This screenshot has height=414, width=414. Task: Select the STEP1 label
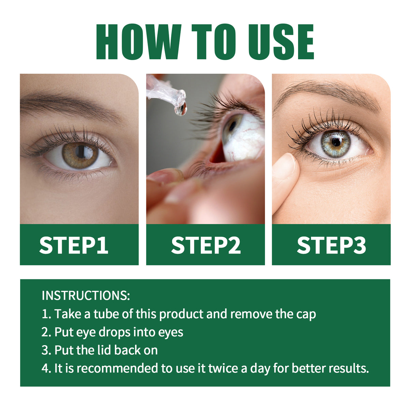[74, 245]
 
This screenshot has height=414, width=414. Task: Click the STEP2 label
[206, 245]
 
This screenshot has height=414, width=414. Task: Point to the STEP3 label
[331, 245]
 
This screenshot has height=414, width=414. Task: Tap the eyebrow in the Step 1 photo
[68, 102]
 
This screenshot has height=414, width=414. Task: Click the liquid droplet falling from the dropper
[180, 108]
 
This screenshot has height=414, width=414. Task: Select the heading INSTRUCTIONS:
[86, 295]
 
